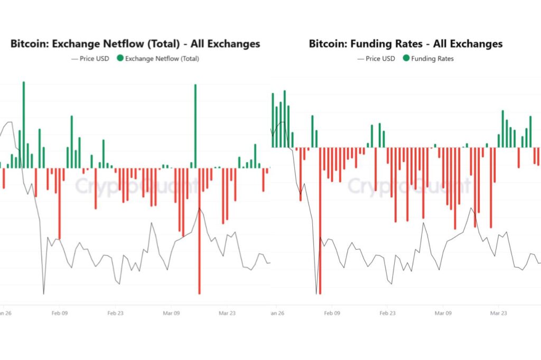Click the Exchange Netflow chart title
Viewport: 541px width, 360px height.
tap(135, 44)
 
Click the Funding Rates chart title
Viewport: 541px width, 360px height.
tap(406, 44)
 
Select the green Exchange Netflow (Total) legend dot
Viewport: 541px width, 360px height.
tap(120, 59)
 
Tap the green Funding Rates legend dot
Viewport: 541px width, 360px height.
tap(406, 59)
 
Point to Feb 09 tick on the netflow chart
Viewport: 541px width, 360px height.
tap(59, 312)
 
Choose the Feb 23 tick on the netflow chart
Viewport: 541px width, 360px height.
tap(115, 312)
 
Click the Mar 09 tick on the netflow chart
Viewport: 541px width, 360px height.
tap(171, 312)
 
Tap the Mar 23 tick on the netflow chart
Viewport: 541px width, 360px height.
tap(227, 312)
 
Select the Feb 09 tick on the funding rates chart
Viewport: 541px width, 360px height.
tap(331, 312)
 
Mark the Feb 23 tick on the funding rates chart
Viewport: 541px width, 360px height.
tap(387, 312)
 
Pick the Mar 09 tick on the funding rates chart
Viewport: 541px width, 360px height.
tap(443, 312)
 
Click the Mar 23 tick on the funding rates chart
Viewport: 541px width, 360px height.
tap(499, 312)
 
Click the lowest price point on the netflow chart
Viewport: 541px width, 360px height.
tap(43, 293)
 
